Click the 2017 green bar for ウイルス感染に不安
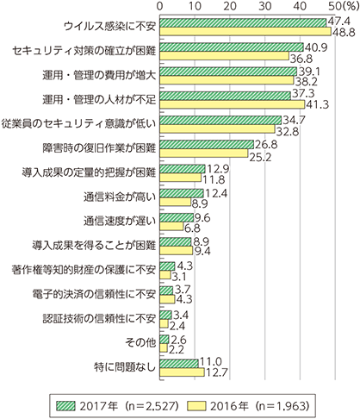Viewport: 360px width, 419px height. [x=243, y=22]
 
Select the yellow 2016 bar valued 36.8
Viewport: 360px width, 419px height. [x=224, y=56]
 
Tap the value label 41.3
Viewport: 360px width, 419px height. [x=317, y=105]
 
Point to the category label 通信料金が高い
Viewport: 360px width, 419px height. [x=120, y=197]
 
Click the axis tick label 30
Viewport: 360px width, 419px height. [x=265, y=6]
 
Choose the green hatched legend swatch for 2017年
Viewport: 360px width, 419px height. [x=65, y=406]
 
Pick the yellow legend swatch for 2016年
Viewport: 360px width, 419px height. [x=196, y=406]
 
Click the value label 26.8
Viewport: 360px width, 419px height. [x=266, y=145]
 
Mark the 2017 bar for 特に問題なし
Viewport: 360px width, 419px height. [x=179, y=364]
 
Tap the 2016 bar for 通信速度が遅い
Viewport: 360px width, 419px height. [x=171, y=227]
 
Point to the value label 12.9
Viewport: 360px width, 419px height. [x=218, y=169]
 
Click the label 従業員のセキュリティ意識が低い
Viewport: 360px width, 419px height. [x=78, y=123]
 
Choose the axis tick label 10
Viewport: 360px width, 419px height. [x=195, y=6]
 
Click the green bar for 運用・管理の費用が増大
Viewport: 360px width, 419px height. [x=228, y=72]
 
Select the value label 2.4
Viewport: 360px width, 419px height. [x=177, y=326]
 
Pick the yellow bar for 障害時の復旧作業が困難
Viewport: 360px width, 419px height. [x=204, y=153]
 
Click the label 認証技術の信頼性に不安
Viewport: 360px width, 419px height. [x=99, y=318]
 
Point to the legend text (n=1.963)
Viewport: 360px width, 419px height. [x=282, y=406]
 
